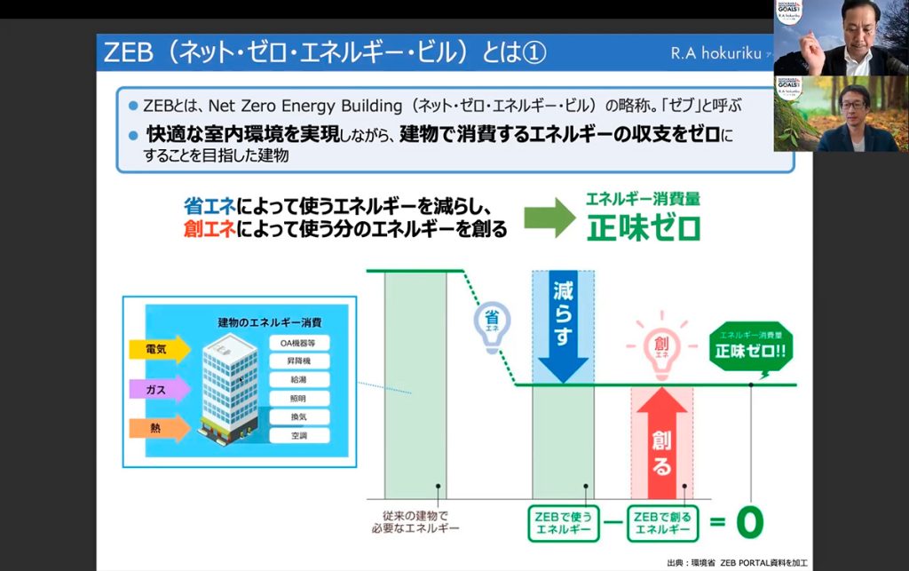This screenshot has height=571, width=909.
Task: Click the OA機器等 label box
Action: (x=299, y=341)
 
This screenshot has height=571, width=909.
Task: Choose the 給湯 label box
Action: (x=299, y=380)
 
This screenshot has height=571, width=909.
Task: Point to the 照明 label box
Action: (x=299, y=399)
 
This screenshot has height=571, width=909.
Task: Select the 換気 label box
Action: (x=299, y=417)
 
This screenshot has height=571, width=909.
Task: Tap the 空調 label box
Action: (x=299, y=436)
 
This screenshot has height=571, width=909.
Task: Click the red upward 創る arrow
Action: (x=661, y=444)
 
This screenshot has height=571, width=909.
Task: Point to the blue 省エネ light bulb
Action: (x=490, y=324)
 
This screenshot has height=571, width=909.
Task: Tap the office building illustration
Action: (x=228, y=391)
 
